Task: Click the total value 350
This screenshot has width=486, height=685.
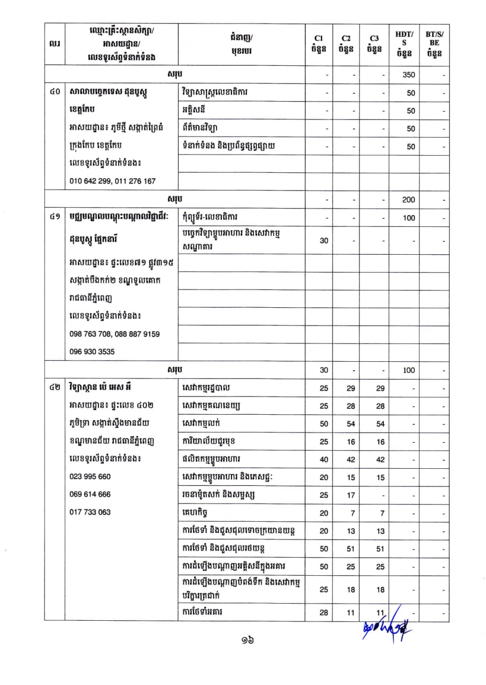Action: [x=409, y=75]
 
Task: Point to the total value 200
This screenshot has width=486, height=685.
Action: [x=409, y=199]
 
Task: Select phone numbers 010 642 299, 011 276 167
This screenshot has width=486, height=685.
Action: [x=112, y=181]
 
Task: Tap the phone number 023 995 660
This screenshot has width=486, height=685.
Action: [x=90, y=476]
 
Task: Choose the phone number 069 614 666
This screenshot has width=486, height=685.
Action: [x=90, y=494]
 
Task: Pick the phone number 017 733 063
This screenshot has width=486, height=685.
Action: [x=90, y=512]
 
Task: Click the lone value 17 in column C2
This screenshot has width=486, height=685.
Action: [x=351, y=495]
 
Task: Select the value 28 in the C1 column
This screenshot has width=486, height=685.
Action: [x=324, y=613]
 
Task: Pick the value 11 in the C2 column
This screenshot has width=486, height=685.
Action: [x=351, y=613]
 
